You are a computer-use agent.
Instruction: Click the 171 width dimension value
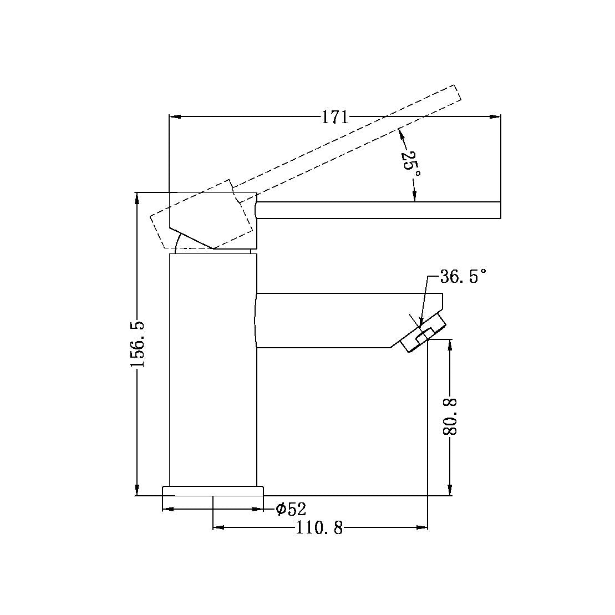pos(335,117)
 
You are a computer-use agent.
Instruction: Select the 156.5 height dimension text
pos(138,344)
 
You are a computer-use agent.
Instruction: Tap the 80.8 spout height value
pos(450,416)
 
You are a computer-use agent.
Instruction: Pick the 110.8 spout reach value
pos(319,528)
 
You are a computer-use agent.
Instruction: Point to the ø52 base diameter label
pos(291,509)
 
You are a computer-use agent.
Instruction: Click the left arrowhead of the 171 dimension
pos(175,116)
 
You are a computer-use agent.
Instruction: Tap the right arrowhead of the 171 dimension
pos(495,116)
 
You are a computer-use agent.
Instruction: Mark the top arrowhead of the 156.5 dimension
pos(138,198)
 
